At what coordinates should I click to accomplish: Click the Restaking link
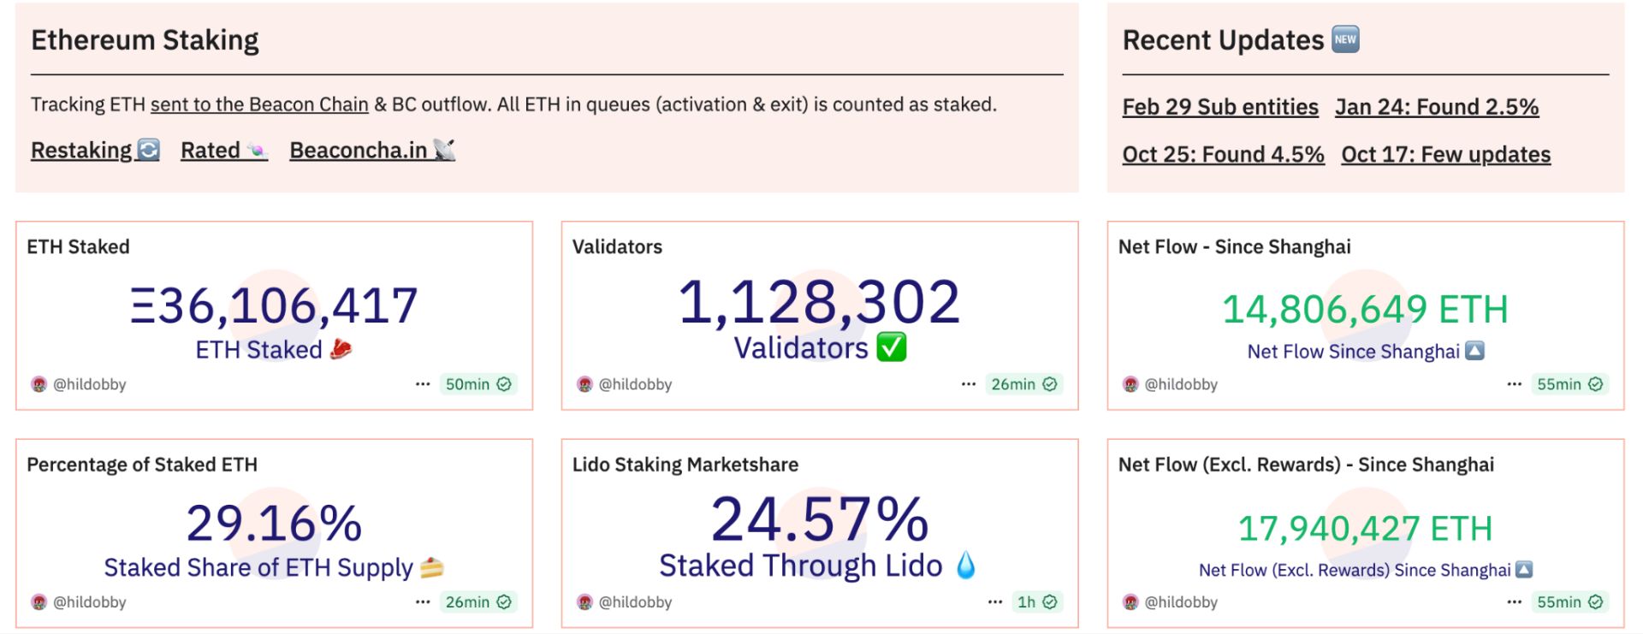coord(95,150)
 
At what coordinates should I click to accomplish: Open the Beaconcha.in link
coord(372,150)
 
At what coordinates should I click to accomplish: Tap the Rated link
coord(224,150)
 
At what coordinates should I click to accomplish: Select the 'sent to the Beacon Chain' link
coord(259,104)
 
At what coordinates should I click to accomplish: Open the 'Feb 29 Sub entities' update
coord(1220,107)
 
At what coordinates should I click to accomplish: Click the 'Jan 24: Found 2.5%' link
coord(1437,107)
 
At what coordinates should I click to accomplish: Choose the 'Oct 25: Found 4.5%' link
coord(1224,154)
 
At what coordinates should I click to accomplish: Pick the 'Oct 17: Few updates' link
coord(1446,154)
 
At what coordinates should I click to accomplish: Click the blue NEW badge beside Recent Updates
coord(1346,39)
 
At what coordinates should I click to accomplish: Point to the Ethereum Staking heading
coord(145,40)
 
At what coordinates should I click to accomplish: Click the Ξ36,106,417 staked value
coord(274,305)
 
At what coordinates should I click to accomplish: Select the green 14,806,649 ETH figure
coord(1365,309)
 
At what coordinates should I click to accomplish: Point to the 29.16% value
coord(274,523)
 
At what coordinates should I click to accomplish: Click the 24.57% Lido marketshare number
coord(820,519)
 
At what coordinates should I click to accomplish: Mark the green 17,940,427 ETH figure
coord(1365,529)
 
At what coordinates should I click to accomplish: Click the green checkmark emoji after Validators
coord(892,347)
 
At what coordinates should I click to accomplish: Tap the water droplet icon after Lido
coord(965,565)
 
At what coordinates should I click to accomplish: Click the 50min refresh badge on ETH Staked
coord(478,384)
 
